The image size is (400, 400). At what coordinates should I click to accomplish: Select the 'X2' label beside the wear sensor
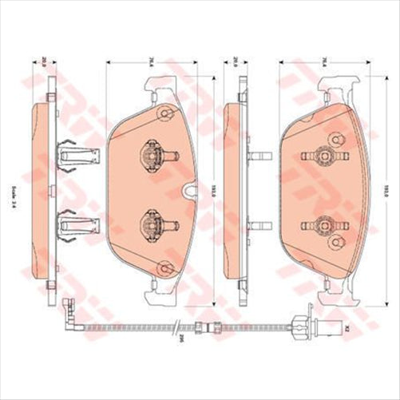click(x=347, y=325)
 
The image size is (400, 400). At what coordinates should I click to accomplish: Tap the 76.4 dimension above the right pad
click(x=327, y=62)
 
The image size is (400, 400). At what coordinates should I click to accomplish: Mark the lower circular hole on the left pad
click(x=164, y=267)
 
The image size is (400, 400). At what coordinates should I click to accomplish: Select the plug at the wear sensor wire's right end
click(x=329, y=325)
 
